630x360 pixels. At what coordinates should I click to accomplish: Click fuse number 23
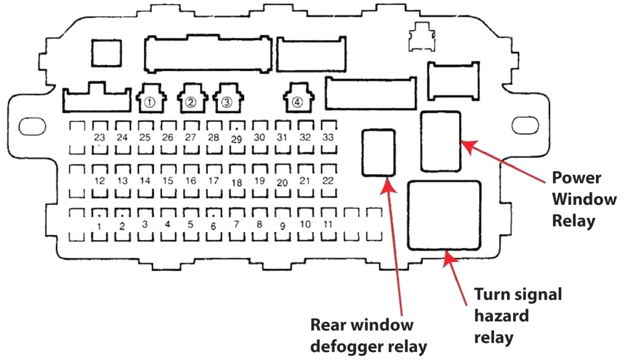(99, 137)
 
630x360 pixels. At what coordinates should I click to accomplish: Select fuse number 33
(329, 137)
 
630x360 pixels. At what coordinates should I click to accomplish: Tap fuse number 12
(99, 181)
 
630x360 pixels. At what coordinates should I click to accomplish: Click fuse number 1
(99, 225)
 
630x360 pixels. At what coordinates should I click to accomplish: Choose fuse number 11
(329, 225)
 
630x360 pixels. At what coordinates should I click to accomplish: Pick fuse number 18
(236, 183)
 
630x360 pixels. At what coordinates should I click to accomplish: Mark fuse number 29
(236, 139)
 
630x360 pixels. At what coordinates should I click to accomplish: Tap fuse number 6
(213, 226)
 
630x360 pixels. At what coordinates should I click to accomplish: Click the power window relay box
(441, 141)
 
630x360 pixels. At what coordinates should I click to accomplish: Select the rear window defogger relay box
(380, 153)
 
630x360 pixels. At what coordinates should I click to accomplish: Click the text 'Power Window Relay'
(583, 199)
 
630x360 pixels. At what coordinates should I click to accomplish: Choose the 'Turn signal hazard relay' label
(517, 316)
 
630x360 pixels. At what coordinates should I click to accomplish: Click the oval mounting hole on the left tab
(29, 127)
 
